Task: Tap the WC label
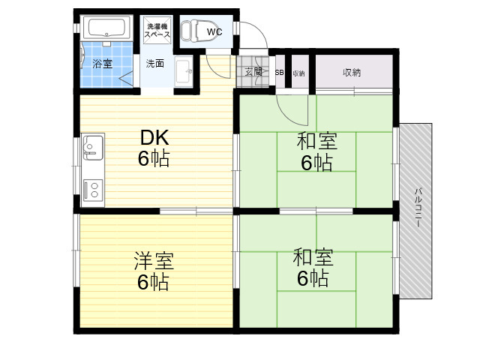pyautogui.click(x=214, y=31)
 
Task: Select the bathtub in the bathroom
pyautogui.click(x=106, y=28)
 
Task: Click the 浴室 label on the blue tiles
pyautogui.click(x=103, y=64)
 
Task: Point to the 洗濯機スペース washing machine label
pyautogui.click(x=157, y=30)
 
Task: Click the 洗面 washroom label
pyautogui.click(x=155, y=63)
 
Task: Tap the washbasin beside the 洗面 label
pyautogui.click(x=183, y=72)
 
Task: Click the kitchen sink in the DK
pyautogui.click(x=93, y=147)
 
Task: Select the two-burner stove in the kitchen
pyautogui.click(x=93, y=190)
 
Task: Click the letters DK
pyautogui.click(x=154, y=138)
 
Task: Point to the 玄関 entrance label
pyautogui.click(x=253, y=72)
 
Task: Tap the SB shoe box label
pyautogui.click(x=279, y=73)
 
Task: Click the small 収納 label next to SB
pyautogui.click(x=298, y=73)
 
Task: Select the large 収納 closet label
pyautogui.click(x=352, y=73)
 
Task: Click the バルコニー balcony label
pyautogui.click(x=418, y=207)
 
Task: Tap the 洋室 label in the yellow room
pyautogui.click(x=154, y=261)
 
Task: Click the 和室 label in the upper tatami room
pyautogui.click(x=317, y=141)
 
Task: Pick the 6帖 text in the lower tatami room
pyautogui.click(x=313, y=278)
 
